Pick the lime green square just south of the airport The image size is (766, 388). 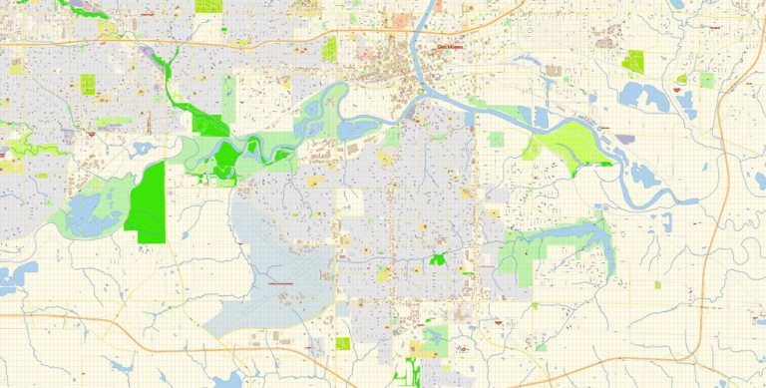click(x=343, y=343)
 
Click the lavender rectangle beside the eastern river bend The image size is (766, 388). click(x=625, y=139)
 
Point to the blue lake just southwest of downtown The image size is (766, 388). click(x=354, y=128)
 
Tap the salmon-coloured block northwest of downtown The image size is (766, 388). click(x=400, y=19)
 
